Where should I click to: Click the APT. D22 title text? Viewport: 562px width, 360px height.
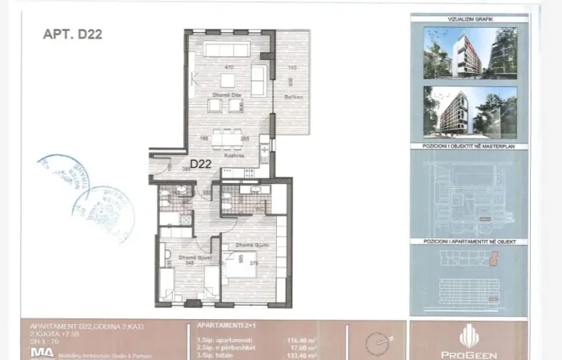click(71, 34)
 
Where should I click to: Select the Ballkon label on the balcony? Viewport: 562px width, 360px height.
click(291, 98)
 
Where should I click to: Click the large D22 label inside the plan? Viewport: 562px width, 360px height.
click(201, 164)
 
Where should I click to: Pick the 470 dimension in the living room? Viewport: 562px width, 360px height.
click(228, 68)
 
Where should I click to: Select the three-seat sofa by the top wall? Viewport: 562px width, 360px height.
click(229, 50)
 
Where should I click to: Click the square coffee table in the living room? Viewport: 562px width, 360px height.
click(229, 80)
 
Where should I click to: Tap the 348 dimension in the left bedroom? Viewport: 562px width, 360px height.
click(189, 262)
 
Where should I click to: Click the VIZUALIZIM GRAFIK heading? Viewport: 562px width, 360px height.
click(469, 17)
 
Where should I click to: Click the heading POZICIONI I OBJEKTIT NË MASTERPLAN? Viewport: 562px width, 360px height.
click(469, 147)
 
